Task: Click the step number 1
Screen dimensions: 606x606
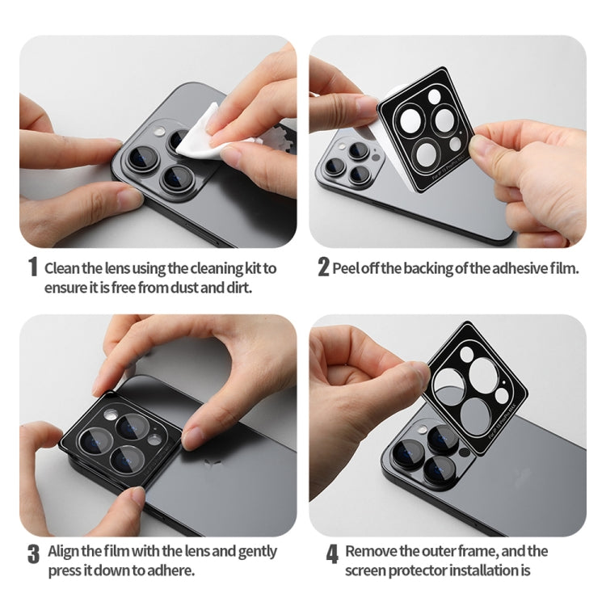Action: coord(33,267)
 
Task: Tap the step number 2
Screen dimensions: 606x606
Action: coord(323,267)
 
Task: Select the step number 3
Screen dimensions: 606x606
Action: coord(33,553)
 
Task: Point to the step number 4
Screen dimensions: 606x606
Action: coord(332,553)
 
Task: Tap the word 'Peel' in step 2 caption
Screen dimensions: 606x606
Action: coord(345,267)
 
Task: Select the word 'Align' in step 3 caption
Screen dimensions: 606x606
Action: coord(65,551)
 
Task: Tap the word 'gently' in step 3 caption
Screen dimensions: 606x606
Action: coord(255,551)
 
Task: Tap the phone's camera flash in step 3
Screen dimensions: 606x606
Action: coord(110,415)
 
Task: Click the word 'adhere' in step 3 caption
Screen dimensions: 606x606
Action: coord(170,570)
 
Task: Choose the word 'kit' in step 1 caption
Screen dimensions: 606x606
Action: coord(252,267)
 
